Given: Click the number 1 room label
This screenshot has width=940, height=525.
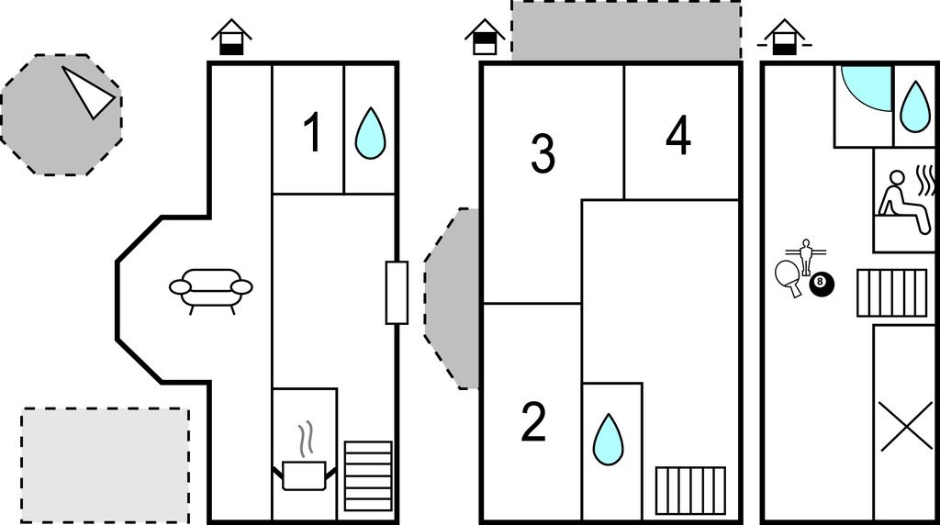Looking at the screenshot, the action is click(313, 132).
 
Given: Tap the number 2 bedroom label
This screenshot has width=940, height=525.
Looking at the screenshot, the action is click(533, 422).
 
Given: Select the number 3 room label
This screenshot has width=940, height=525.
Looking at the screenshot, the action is click(543, 153).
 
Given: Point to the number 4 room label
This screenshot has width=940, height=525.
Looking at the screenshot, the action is click(678, 136).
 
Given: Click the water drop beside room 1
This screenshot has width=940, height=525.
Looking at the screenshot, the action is click(371, 133).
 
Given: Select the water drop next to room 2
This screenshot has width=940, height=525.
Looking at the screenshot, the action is click(608, 440).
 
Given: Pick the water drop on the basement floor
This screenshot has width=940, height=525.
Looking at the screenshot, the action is click(915, 106).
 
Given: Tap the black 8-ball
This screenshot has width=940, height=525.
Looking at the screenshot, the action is click(822, 285).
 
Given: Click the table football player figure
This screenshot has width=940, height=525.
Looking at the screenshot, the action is click(806, 256).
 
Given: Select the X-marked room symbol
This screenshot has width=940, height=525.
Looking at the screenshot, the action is click(906, 426).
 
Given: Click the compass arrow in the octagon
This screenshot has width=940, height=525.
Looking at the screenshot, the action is click(87, 93).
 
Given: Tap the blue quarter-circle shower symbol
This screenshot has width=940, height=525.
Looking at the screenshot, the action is click(867, 88).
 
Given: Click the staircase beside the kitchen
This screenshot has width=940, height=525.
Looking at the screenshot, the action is click(368, 476).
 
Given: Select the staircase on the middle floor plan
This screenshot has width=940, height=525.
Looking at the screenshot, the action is click(690, 491).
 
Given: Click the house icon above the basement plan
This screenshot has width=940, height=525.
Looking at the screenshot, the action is click(785, 37).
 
